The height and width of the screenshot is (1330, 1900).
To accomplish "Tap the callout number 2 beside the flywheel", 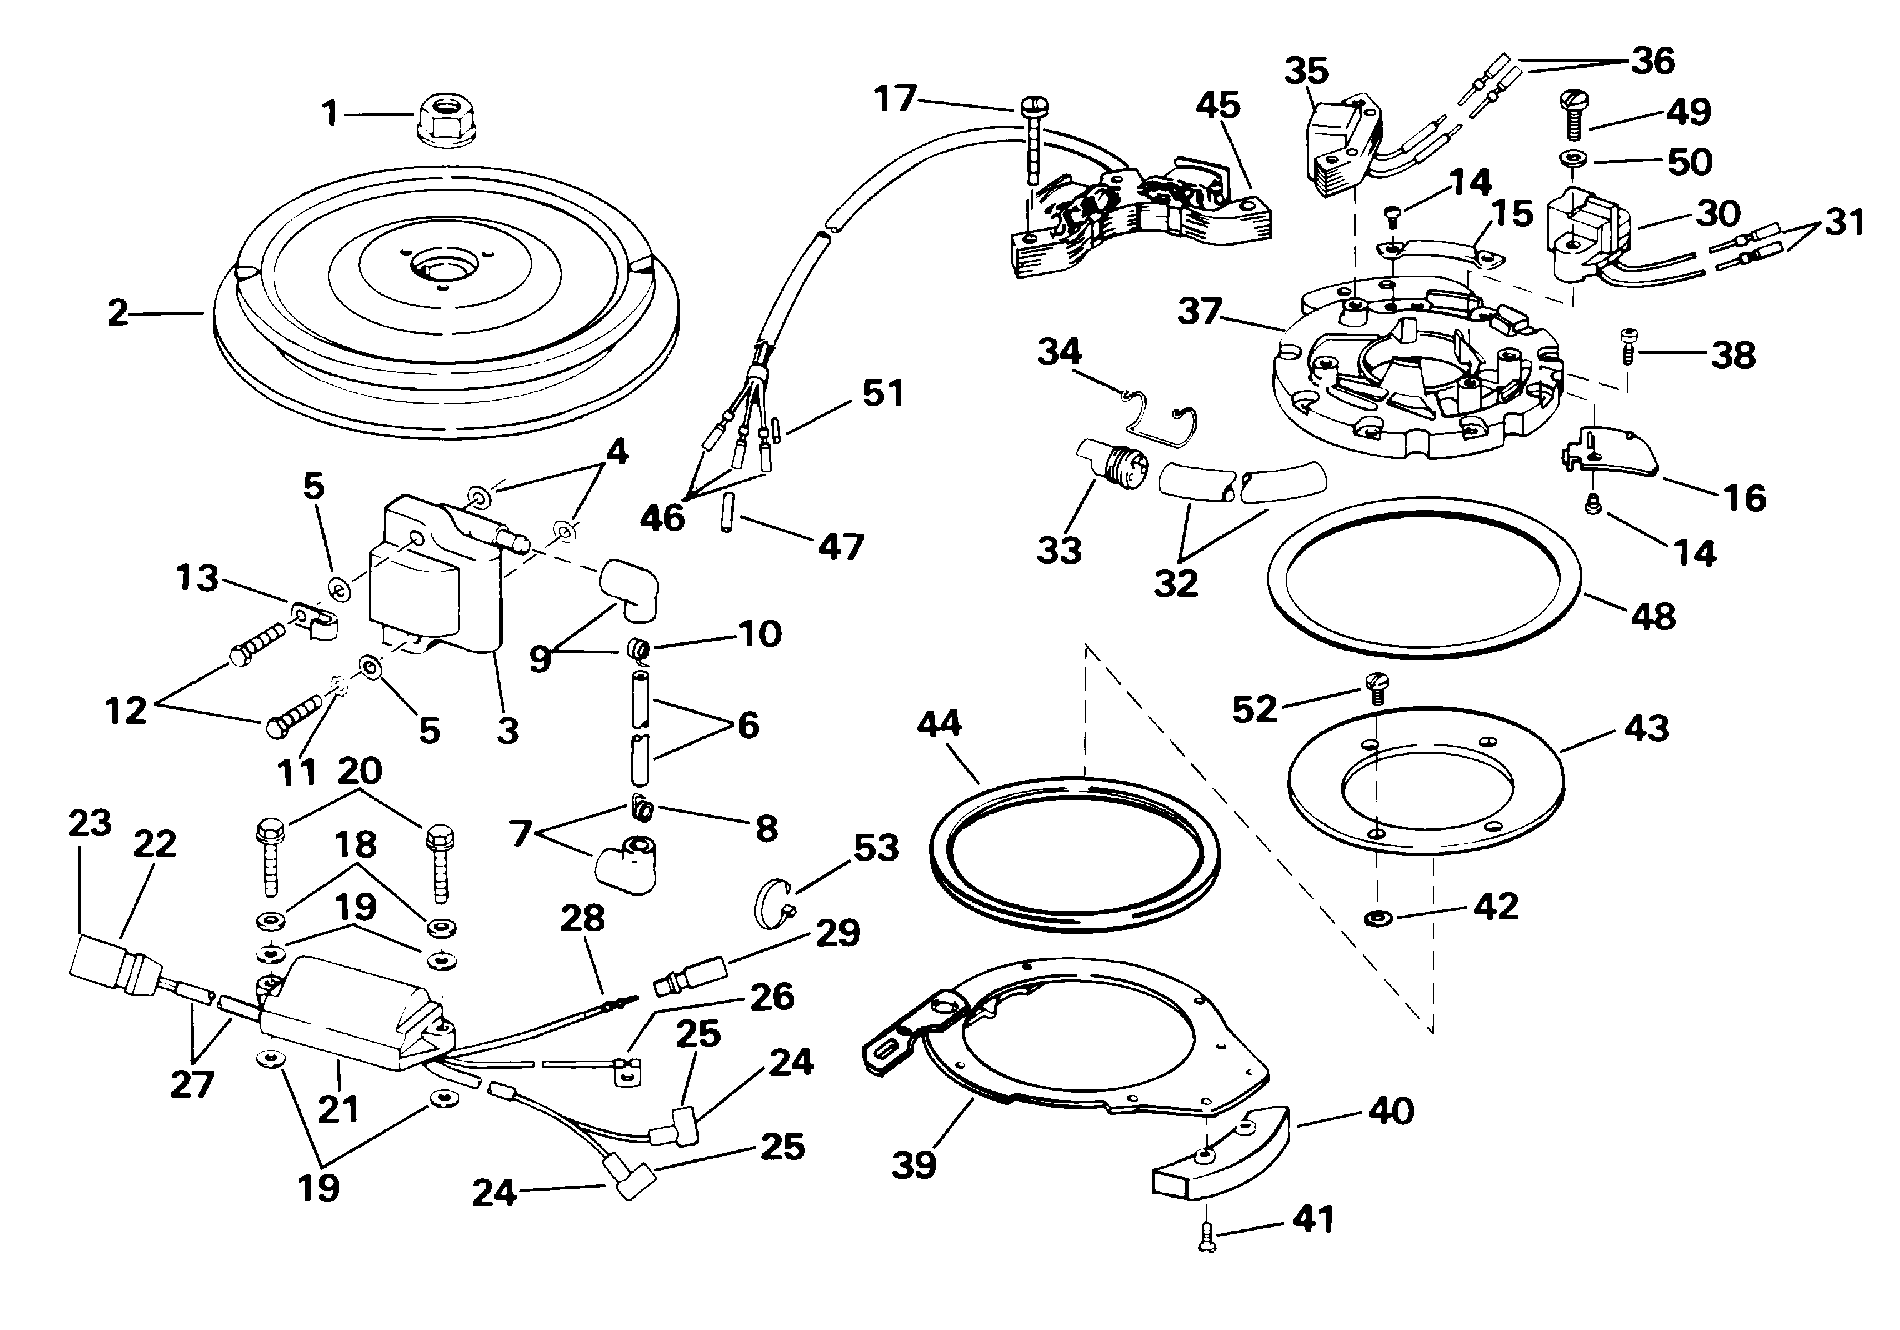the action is [x=118, y=313].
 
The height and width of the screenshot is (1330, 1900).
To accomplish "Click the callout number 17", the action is [x=896, y=99].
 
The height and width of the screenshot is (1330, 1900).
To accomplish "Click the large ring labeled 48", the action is [x=1424, y=577].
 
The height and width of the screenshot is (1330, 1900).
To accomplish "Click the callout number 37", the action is [x=1201, y=312].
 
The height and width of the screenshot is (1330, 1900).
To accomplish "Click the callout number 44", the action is [x=940, y=723].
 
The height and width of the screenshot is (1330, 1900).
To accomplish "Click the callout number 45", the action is [x=1218, y=106].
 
